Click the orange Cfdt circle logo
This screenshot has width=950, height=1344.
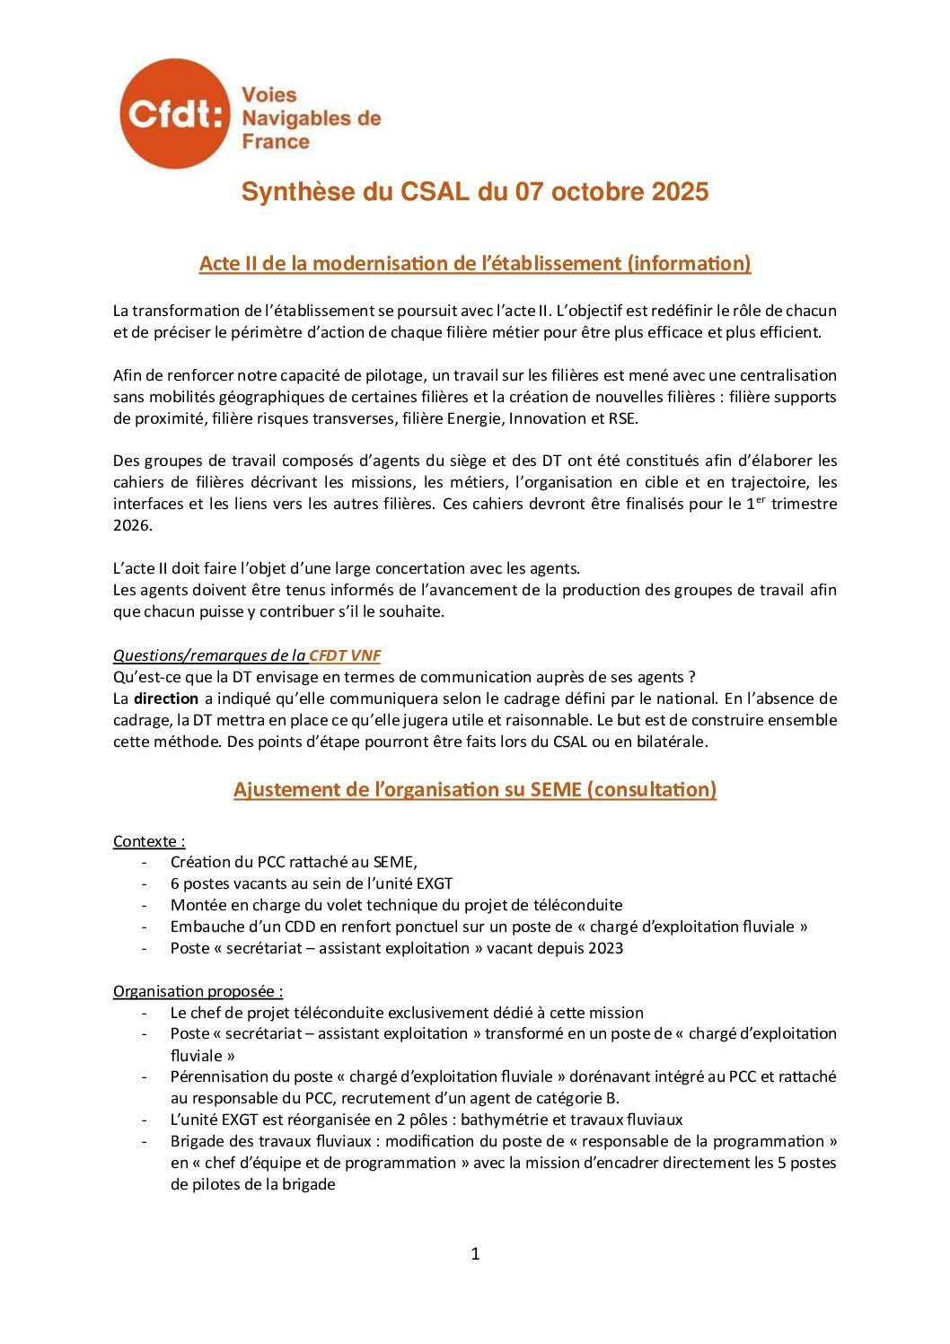174,115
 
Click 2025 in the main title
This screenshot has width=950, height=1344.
680,192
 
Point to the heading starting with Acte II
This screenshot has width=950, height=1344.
474,263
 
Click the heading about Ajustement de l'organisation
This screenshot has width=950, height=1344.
474,789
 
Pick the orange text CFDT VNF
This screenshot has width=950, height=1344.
345,655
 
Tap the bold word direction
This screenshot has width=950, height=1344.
166,698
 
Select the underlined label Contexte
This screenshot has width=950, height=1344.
148,841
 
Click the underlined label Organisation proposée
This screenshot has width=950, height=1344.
198,991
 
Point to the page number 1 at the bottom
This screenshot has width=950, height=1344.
475,1253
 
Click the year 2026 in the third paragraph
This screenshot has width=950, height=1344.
132,525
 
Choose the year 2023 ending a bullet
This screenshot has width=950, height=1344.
606,948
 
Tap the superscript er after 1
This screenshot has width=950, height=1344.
760,499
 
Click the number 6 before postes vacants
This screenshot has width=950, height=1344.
175,883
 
